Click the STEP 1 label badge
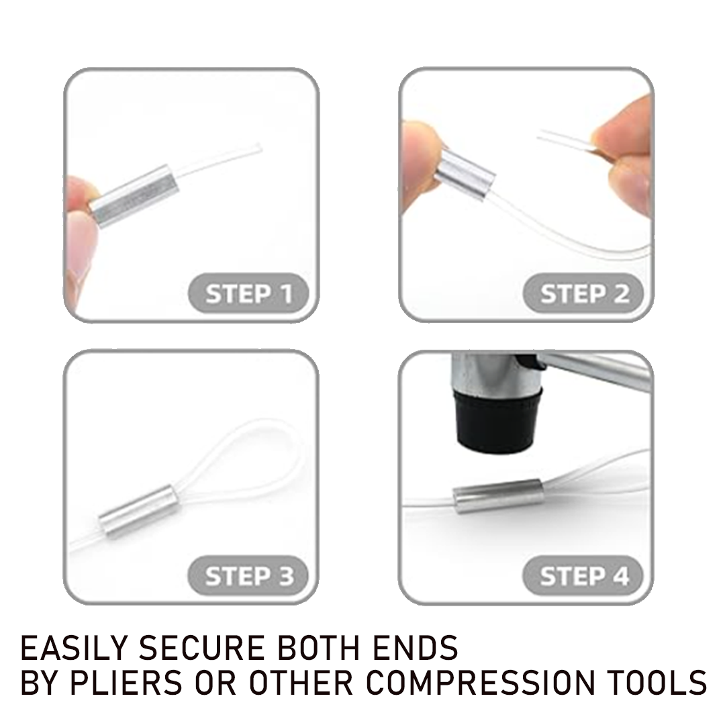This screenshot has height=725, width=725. (x=249, y=294)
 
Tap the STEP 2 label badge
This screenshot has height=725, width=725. (x=584, y=294)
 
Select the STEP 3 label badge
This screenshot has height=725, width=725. (x=249, y=576)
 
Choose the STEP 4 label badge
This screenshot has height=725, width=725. (x=584, y=576)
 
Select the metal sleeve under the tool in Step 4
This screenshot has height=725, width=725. (x=497, y=496)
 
